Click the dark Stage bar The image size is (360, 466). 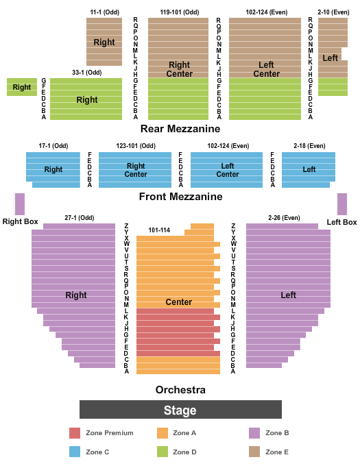pos(180,409)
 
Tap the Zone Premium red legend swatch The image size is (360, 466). pos(75,433)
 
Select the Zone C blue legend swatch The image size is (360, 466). pos(75,452)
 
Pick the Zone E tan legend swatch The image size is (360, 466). pos(254,452)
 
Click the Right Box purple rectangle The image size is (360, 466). pos(20,204)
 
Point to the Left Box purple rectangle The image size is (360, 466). pos(342,204)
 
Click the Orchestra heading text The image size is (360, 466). pos(180,390)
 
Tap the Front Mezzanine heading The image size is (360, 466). pos(181,197)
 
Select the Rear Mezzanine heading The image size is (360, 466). pos(180,129)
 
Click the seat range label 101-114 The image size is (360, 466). pos(159,230)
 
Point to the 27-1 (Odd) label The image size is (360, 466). pos(80,218)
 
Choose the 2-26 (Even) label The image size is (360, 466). pos(284,218)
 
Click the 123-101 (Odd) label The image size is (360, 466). pos(136,146)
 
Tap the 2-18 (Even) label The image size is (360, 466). pos(309,146)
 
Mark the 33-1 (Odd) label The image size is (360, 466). pos(87,73)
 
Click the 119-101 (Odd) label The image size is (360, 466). pos(180,12)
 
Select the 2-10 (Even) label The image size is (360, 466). pos(333,12)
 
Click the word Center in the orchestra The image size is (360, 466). pos(179,302)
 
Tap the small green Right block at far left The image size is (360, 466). pos(22,87)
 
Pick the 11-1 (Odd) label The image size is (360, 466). pos(105,12)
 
